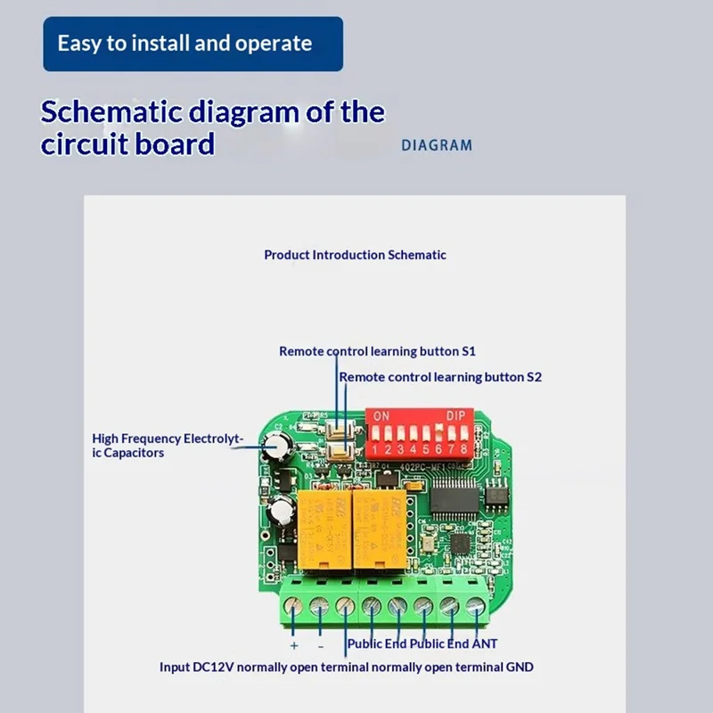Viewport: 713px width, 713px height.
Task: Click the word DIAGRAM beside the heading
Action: [437, 144]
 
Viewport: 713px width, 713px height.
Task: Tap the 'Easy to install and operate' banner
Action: [193, 43]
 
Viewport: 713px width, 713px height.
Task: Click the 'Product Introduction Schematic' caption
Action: [355, 255]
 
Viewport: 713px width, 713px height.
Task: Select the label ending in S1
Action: [377, 351]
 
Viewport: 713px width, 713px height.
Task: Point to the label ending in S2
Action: [440, 377]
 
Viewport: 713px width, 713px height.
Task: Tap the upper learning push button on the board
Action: [339, 435]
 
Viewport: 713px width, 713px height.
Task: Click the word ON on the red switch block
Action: [381, 416]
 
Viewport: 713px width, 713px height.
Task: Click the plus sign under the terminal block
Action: [294, 644]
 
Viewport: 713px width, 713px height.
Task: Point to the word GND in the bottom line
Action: [518, 667]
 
